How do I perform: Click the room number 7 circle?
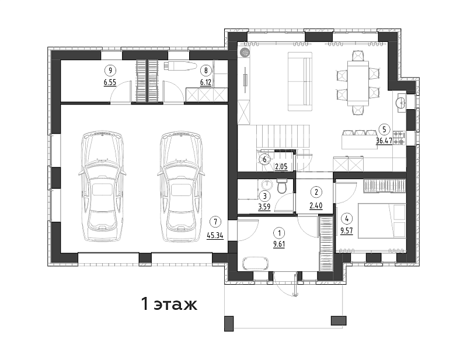tap(215, 221)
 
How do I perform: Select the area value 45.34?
tap(215, 236)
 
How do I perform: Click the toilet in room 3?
tap(282, 186)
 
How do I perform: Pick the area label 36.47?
tap(384, 141)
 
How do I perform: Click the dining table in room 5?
tap(358, 83)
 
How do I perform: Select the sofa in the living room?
tap(300, 82)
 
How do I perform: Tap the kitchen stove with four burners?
tap(399, 138)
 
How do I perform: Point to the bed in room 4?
tap(382, 221)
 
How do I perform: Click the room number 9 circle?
tap(110, 71)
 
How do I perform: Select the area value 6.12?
tap(205, 82)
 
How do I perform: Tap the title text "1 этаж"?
tap(169, 304)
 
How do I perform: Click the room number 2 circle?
tap(316, 192)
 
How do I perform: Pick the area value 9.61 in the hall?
tap(279, 244)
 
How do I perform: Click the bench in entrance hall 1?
tap(256, 264)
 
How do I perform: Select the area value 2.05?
tap(281, 167)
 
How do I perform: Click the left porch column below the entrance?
tap(229, 323)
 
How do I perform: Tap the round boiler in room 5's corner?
tap(245, 53)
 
